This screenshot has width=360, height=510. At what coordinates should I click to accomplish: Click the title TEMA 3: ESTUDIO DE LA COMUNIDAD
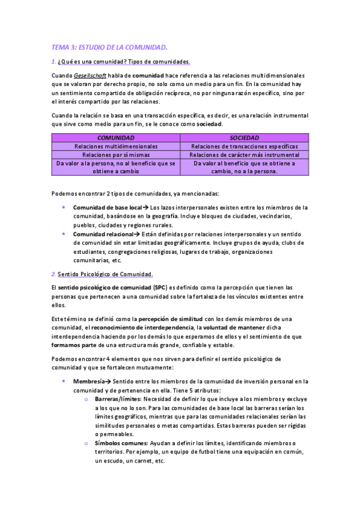tap(109, 46)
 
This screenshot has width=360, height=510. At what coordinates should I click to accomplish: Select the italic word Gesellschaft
tap(90, 75)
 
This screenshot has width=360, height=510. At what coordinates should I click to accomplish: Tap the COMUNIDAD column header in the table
tap(116, 138)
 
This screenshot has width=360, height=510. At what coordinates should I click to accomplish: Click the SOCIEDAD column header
tap(245, 138)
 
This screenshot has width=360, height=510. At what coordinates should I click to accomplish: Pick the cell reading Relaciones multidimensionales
tap(116, 146)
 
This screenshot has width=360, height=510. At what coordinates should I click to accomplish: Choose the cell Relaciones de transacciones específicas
tap(245, 146)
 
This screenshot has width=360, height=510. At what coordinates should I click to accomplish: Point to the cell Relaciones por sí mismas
tap(116, 155)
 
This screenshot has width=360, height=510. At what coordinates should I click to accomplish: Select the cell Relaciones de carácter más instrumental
tap(245, 155)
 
